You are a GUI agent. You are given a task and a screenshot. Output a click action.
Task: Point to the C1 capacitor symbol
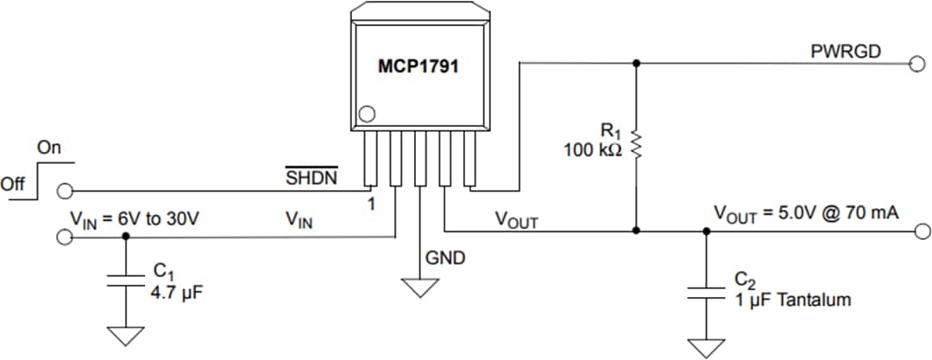pyautogui.click(x=126, y=281)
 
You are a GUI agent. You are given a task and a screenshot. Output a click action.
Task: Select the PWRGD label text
pyautogui.click(x=846, y=52)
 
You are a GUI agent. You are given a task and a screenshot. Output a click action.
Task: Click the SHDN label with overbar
pyautogui.click(x=312, y=177)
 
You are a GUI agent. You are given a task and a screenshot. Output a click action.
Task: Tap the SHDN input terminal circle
pyautogui.click(x=63, y=190)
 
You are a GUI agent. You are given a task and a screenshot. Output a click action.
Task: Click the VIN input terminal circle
pyautogui.click(x=63, y=237)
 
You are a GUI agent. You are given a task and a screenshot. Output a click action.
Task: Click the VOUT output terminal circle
pyautogui.click(x=921, y=231)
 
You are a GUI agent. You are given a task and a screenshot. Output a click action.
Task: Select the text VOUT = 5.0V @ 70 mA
pyautogui.click(x=806, y=213)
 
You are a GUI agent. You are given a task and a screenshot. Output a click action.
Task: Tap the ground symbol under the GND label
pyautogui.click(x=420, y=287)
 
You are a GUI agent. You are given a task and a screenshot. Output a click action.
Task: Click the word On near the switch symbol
pyautogui.click(x=49, y=148)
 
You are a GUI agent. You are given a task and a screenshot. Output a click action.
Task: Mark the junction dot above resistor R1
pyautogui.click(x=636, y=63)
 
